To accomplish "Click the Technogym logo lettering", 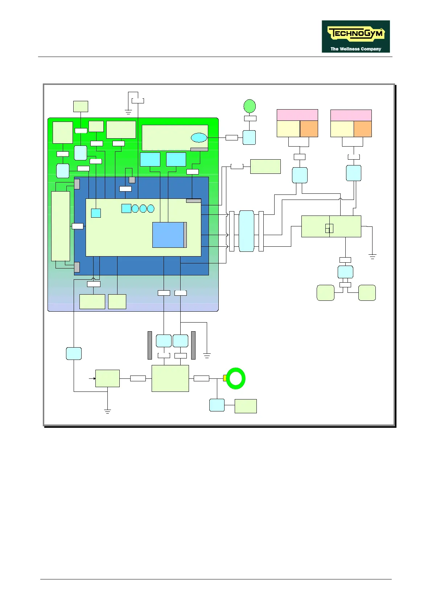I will coord(355,34).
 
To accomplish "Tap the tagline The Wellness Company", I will coord(355,49).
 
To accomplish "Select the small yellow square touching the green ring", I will coord(225,378).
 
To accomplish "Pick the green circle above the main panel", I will coord(250,106).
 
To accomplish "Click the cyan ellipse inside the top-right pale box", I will coord(199,138).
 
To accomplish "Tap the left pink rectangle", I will coord(297,115).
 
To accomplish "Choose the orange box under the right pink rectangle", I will coord(362,129).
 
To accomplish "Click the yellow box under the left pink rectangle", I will coord(288,129).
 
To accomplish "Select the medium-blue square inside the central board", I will coord(168,235).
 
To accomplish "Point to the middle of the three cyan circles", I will coord(143,209).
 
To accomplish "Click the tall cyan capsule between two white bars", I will coord(246,231).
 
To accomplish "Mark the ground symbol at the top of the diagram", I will coord(128,112).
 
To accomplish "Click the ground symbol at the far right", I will coord(372,257).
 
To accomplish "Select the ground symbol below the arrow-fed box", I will coord(107,411).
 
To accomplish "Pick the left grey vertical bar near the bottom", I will coord(149,345).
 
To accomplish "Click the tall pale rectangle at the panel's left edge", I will coord(60,226).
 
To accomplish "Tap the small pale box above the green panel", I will coord(81,106).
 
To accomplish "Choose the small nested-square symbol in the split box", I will coord(329,228).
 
